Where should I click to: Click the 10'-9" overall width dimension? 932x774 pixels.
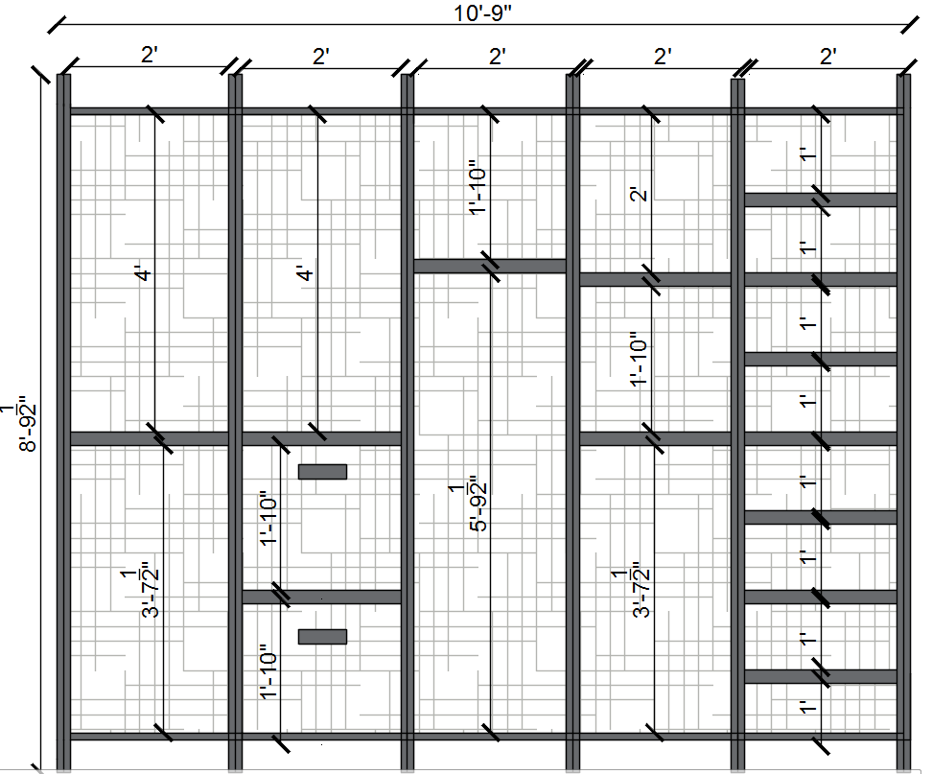[482, 12]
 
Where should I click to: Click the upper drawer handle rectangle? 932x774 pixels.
[322, 472]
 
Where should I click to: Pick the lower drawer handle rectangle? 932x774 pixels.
[322, 637]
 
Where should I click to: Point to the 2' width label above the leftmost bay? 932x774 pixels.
[150, 56]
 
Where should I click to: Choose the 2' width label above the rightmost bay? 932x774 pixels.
[828, 57]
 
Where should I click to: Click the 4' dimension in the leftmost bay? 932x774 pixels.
[143, 274]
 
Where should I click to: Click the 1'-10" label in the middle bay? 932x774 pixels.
[478, 187]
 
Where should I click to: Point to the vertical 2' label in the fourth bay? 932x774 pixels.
[639, 195]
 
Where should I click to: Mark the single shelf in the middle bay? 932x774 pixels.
[490, 266]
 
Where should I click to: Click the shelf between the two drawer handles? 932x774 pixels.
[321, 597]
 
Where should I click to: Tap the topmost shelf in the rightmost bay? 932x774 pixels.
[821, 199]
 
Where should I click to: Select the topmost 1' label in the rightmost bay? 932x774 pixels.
[807, 154]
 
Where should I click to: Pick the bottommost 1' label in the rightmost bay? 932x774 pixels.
[807, 707]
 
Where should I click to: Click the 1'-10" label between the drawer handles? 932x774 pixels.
[268, 518]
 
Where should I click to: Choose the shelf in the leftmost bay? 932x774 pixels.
[150, 438]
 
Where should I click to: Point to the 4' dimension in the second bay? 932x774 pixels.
[305, 274]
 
